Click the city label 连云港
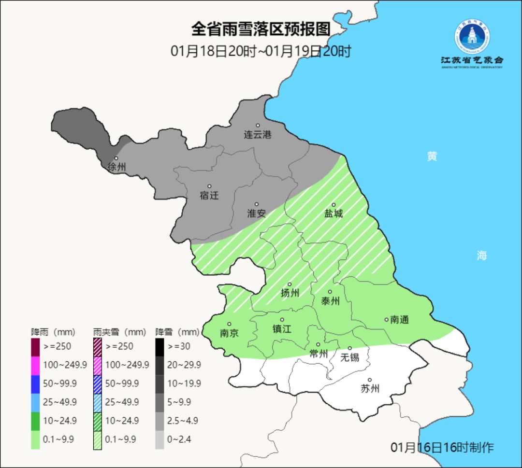point(258,135)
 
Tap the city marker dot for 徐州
point(116,158)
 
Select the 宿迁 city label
point(209,196)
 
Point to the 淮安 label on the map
point(257,213)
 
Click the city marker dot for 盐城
point(333,205)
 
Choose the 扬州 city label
point(290,293)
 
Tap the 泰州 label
point(330,301)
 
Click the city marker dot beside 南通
point(386,319)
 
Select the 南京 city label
point(229,333)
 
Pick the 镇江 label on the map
point(282,329)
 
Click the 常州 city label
point(319,353)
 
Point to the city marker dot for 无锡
point(350,348)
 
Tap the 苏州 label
point(370,389)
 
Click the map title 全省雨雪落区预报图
point(261,29)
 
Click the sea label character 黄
point(432,156)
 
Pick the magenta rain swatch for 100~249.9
point(35,365)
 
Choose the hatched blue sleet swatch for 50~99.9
point(98,383)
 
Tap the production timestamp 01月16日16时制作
point(442,447)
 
